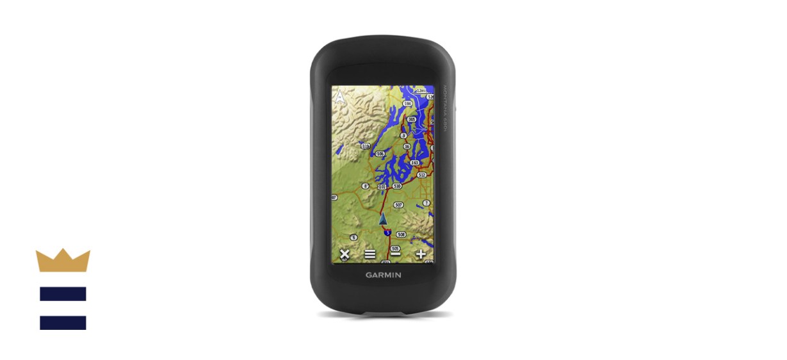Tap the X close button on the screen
point(345,254)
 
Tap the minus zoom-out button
point(396,254)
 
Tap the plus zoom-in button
point(421,254)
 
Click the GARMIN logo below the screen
point(384,275)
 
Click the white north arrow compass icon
point(339,97)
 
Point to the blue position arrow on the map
point(384,219)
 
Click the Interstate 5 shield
point(387,233)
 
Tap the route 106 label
point(380,154)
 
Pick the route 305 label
point(411,120)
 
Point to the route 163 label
point(415,163)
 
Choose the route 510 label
point(397,186)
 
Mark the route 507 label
point(399,205)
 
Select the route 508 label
point(402,234)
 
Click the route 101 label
point(382,186)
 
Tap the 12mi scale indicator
point(421,90)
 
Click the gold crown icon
point(63,260)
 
